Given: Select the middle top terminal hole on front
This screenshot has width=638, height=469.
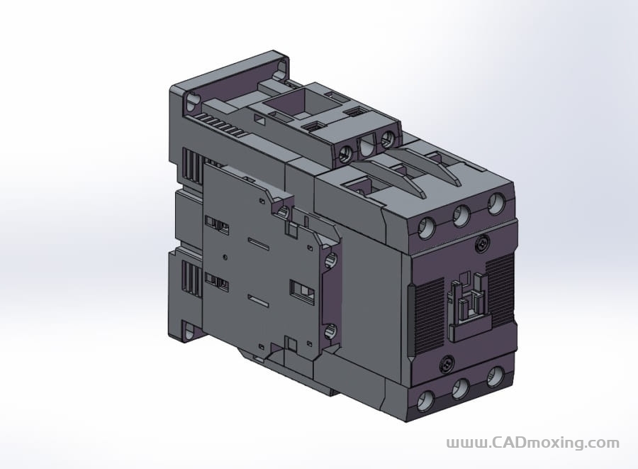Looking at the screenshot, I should point(461,215).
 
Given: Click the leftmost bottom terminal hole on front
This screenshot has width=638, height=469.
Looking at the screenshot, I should point(426,402).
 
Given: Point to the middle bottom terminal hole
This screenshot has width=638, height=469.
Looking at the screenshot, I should point(461,388).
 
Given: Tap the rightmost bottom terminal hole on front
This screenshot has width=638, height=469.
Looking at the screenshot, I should point(496,375).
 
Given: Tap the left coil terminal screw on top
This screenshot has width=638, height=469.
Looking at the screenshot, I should point(347,154).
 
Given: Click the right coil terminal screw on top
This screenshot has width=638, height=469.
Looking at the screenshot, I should point(388,140).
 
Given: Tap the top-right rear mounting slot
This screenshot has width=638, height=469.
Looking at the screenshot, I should point(282,68).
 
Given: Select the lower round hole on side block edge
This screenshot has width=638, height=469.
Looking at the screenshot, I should point(330,331).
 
